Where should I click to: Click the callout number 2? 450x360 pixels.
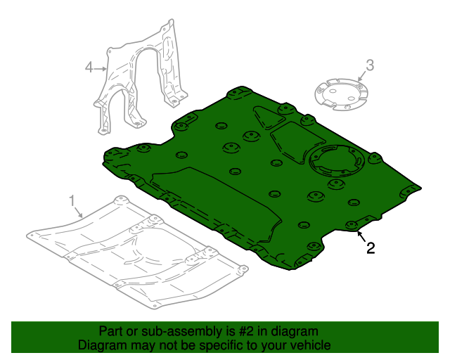(369, 247)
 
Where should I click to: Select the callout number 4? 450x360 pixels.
(89, 67)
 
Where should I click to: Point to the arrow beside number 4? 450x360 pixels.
(101, 68)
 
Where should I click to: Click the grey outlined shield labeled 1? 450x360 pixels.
(134, 253)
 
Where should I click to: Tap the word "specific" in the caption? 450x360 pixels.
(212, 345)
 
